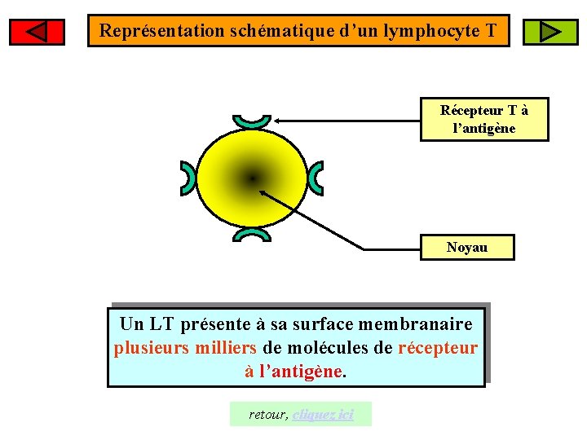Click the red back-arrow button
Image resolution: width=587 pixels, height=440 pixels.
pos(37,32)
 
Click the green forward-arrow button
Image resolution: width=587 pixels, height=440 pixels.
pos(549,32)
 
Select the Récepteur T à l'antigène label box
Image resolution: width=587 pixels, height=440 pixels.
pos(484,119)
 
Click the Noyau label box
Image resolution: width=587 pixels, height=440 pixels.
pos(467,248)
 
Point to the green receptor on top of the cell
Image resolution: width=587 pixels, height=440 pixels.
pos(251,121)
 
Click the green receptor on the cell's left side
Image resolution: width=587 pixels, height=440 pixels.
pos(188,178)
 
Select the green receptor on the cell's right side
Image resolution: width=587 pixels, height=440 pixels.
pos(316,178)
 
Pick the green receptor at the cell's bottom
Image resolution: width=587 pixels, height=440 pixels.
pos(251,235)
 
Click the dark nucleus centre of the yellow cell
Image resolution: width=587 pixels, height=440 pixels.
pos(253,178)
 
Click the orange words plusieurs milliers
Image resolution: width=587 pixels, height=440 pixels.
pos(185,348)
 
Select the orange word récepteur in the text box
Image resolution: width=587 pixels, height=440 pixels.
pos(438,348)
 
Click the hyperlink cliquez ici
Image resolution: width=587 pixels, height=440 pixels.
pos(323,415)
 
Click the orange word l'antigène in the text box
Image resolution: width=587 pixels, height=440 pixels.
pos(302,372)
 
